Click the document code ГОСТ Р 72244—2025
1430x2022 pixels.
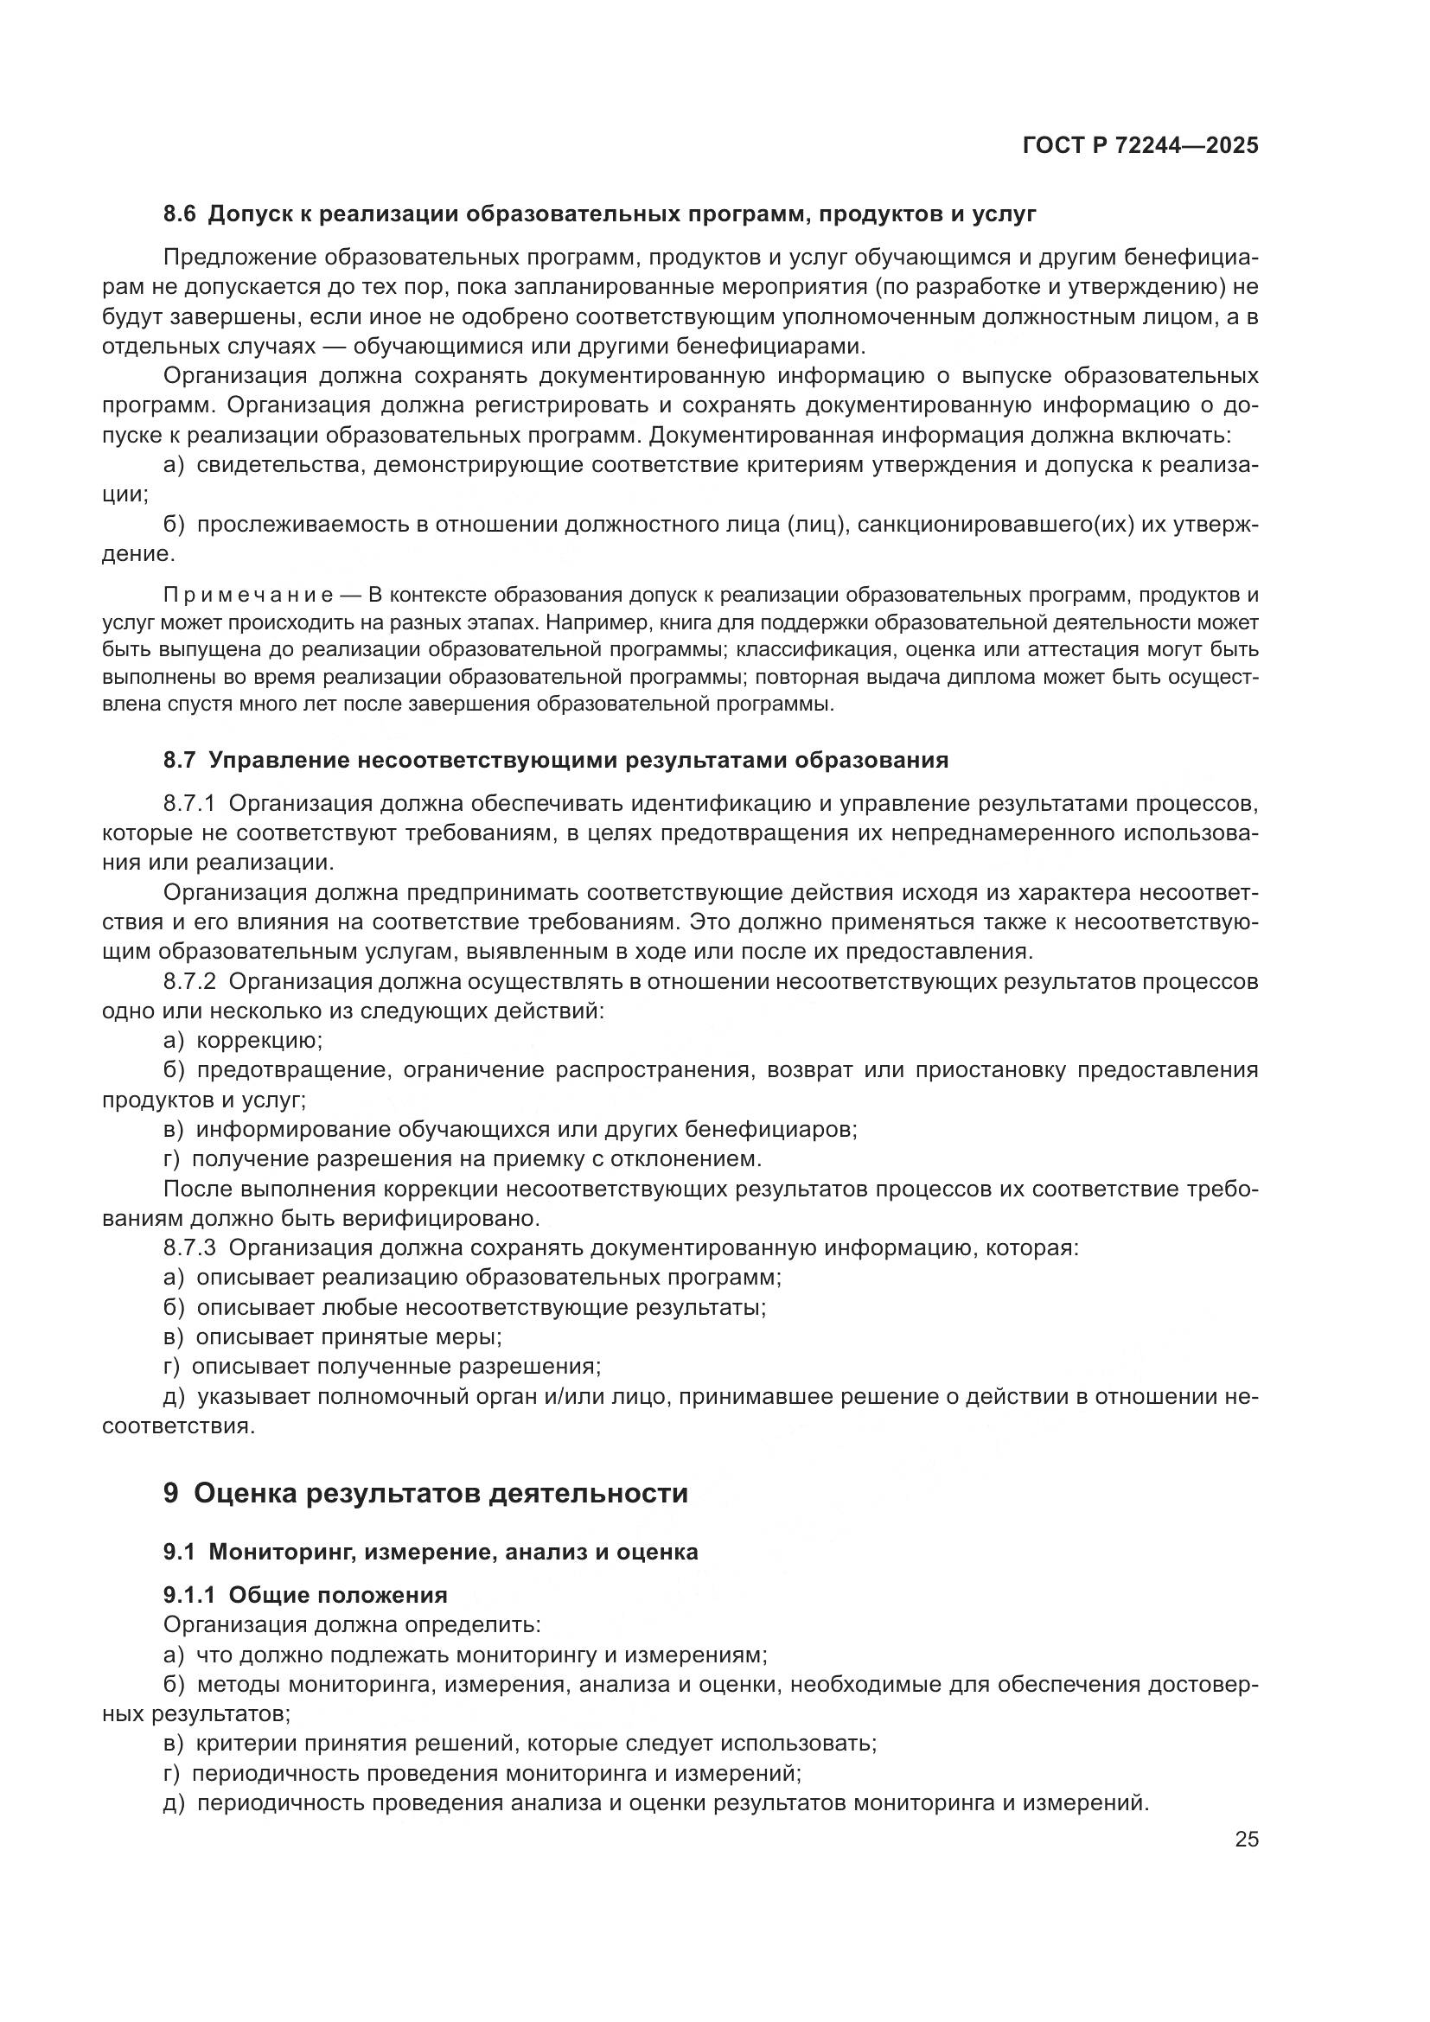1140,145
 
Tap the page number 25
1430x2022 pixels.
1247,1840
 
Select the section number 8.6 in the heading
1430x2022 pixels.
180,214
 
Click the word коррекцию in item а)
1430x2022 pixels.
259,1041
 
